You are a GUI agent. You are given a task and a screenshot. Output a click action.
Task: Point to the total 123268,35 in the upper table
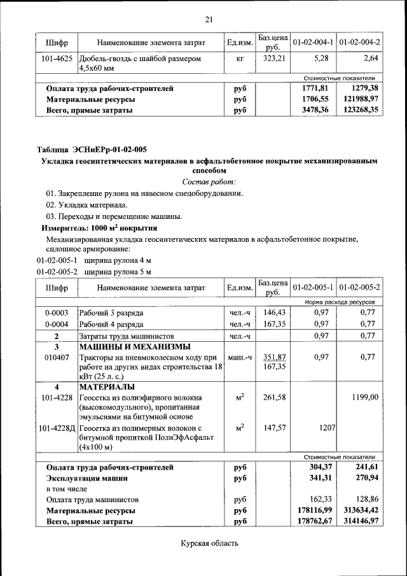pos(359,109)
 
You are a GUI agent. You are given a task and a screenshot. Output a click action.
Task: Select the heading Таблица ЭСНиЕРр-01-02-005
pos(92,150)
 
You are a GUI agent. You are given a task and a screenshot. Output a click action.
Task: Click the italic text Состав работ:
pos(209,182)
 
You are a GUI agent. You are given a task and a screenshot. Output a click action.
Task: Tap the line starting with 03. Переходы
pos(114,216)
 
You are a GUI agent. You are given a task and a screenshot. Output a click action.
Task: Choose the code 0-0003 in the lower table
pos(57,313)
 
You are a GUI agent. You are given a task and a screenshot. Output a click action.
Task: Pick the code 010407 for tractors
pos(57,358)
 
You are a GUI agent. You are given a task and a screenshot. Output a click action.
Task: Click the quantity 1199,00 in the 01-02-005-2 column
pos(365,397)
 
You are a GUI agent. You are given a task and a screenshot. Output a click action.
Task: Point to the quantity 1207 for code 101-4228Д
pos(326,428)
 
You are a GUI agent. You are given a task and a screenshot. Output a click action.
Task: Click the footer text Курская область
pos(209,543)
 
